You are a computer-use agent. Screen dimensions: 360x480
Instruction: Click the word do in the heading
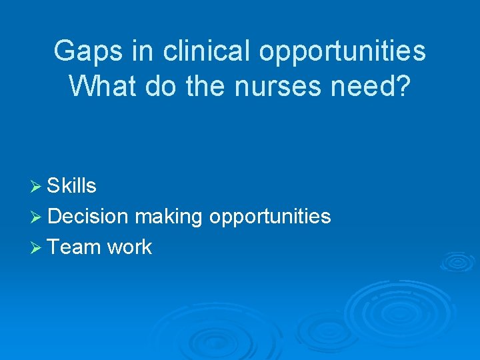[155, 87]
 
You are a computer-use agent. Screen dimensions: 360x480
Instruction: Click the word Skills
[72, 186]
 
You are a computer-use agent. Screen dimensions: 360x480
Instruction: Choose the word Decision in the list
[88, 217]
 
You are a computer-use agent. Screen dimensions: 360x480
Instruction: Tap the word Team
[74, 247]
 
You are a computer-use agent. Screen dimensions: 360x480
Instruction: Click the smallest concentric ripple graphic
[458, 261]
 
